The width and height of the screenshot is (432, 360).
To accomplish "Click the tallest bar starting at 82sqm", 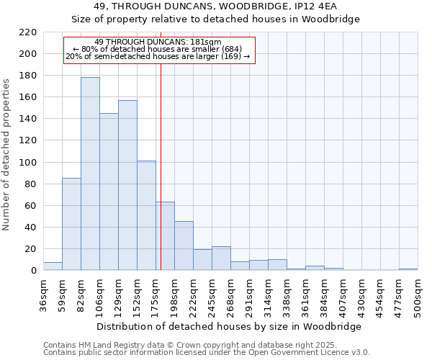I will (x=90, y=174).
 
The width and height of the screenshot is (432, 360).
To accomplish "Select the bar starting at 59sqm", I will (x=71, y=224).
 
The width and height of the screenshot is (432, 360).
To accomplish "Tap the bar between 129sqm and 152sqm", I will (x=127, y=185).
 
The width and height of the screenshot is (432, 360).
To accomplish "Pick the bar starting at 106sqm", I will (x=109, y=192).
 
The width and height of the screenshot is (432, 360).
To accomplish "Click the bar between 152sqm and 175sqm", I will (x=146, y=215).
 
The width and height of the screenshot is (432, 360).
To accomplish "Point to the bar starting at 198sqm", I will (x=184, y=246).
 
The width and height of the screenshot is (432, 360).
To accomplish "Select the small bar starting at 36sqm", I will (x=53, y=266).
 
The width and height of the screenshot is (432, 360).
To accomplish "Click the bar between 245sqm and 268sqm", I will (x=221, y=258).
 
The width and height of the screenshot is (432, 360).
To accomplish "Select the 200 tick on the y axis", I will (x=28, y=54).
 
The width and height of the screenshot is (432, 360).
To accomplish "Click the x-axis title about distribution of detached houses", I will (x=228, y=326).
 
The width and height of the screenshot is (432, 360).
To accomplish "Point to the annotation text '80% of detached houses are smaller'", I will (x=158, y=49).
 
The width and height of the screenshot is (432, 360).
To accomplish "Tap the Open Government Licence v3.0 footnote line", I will (x=207, y=352).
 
